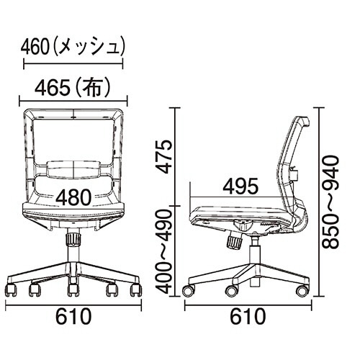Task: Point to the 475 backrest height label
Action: [165, 157]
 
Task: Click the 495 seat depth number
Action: [240, 186]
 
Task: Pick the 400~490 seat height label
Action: [165, 251]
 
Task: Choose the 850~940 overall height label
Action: [330, 202]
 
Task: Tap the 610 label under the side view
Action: [248, 316]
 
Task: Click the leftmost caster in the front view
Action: [12, 289]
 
